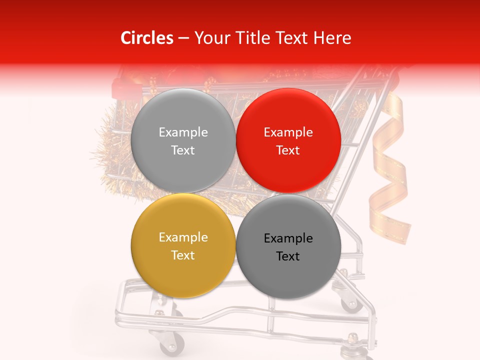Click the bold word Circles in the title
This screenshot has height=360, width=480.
click(146, 38)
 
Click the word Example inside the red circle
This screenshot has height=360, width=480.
click(288, 132)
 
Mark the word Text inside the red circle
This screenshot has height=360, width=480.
click(288, 150)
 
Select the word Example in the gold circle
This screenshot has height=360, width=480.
click(183, 237)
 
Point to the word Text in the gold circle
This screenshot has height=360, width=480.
click(183, 255)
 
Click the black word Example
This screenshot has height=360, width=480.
click(288, 238)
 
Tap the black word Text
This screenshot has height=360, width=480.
click(288, 256)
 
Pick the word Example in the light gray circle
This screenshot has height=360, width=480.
click(183, 132)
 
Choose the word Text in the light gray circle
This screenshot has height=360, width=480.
click(183, 150)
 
